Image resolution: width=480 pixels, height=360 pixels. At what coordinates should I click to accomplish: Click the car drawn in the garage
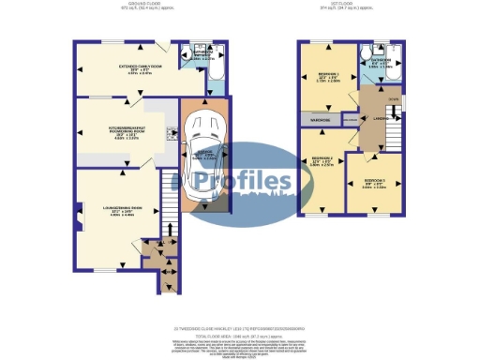(x=202, y=155)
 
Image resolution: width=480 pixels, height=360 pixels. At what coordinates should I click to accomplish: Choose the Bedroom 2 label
(x=322, y=160)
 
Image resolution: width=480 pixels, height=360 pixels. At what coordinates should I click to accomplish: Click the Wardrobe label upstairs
(x=315, y=119)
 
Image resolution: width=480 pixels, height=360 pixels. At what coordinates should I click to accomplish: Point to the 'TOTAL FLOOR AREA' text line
(x=240, y=335)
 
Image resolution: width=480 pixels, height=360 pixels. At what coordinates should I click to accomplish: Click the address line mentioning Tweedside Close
(x=240, y=328)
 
